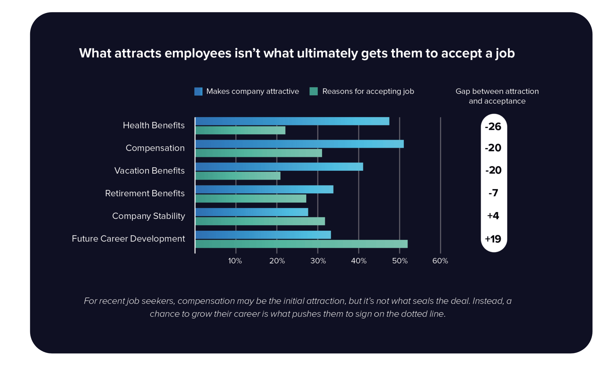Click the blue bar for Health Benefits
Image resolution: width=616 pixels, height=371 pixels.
pyautogui.click(x=292, y=121)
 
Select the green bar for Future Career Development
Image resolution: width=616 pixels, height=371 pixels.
pyautogui.click(x=301, y=244)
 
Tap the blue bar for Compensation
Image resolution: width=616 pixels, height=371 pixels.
pyautogui.click(x=299, y=144)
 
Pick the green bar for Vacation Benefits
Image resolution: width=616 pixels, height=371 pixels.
pyautogui.click(x=238, y=176)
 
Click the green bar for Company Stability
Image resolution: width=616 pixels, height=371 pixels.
pyautogui.click(x=260, y=221)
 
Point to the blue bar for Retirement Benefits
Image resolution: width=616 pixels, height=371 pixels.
pyautogui.click(x=264, y=189)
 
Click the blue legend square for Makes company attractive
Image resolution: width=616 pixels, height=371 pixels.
pyautogui.click(x=198, y=92)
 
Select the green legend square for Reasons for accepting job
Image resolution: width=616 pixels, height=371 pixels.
pyautogui.click(x=314, y=92)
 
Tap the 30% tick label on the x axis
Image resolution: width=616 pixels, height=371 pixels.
pyautogui.click(x=318, y=261)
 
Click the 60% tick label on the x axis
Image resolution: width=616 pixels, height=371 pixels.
pyautogui.click(x=440, y=261)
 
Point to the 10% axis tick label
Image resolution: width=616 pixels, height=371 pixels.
pyautogui.click(x=235, y=261)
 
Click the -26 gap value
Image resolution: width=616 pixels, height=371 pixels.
pyautogui.click(x=493, y=127)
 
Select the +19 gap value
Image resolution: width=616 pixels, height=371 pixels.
pyautogui.click(x=493, y=239)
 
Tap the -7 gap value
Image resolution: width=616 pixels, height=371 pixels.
pyautogui.click(x=493, y=193)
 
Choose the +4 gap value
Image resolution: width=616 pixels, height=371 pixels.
pyautogui.click(x=493, y=216)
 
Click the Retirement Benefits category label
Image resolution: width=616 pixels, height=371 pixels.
pyautogui.click(x=145, y=193)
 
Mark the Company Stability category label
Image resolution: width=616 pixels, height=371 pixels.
pyautogui.click(x=148, y=216)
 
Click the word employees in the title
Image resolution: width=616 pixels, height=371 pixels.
pyautogui.click(x=198, y=54)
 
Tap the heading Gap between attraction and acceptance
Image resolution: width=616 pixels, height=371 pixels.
pyautogui.click(x=497, y=96)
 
